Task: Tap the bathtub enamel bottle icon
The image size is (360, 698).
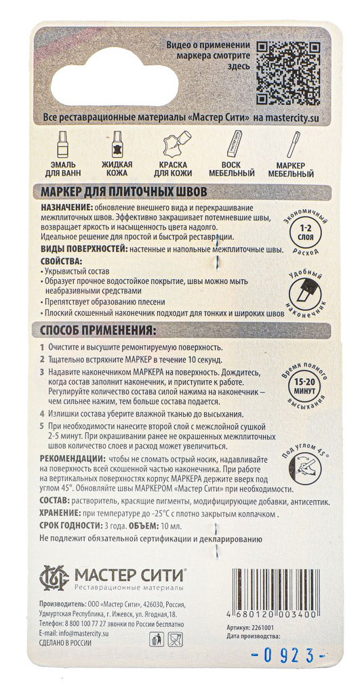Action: pyautogui.click(x=62, y=144)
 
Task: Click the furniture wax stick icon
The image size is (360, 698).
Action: pyautogui.click(x=233, y=144)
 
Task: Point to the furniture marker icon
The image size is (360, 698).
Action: pyautogui.click(x=290, y=144)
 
